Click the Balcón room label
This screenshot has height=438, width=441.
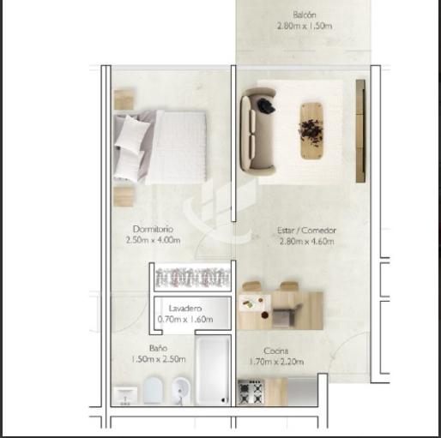[x=305, y=15]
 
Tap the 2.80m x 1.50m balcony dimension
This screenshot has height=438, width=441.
[x=305, y=26]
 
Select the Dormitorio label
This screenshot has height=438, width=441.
[x=153, y=229]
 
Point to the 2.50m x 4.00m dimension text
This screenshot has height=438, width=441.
[x=153, y=240]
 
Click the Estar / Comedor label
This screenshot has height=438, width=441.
[x=306, y=231]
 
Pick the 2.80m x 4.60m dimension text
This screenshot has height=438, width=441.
[x=306, y=242]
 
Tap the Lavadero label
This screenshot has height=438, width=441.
[x=185, y=309]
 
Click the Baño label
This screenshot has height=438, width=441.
[x=158, y=348]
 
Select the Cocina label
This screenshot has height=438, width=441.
[x=275, y=351]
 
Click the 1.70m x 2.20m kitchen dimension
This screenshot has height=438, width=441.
[x=276, y=362]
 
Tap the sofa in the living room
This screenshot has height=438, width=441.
[x=258, y=131]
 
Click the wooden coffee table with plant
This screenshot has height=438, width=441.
[x=311, y=130]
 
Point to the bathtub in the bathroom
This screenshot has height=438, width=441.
[x=213, y=369]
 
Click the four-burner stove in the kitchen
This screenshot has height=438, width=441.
[x=251, y=392]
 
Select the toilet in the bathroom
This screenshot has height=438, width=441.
[x=153, y=390]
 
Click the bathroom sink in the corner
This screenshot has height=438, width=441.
[x=125, y=396]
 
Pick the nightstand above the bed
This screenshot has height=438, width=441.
[x=124, y=99]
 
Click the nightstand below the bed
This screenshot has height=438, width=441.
[x=124, y=197]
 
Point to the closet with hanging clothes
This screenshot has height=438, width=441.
[x=192, y=277]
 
